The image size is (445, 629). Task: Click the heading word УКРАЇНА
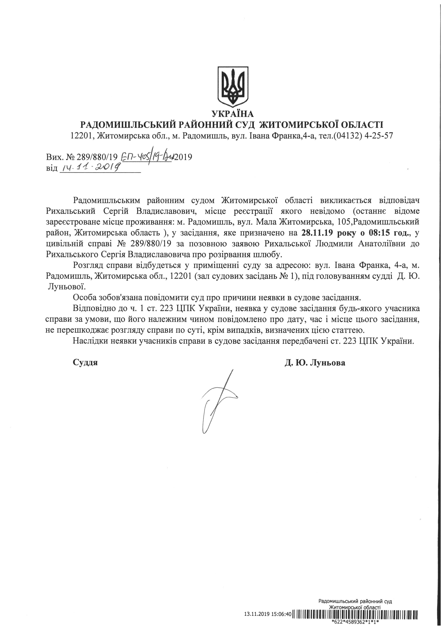[x=233, y=113]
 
